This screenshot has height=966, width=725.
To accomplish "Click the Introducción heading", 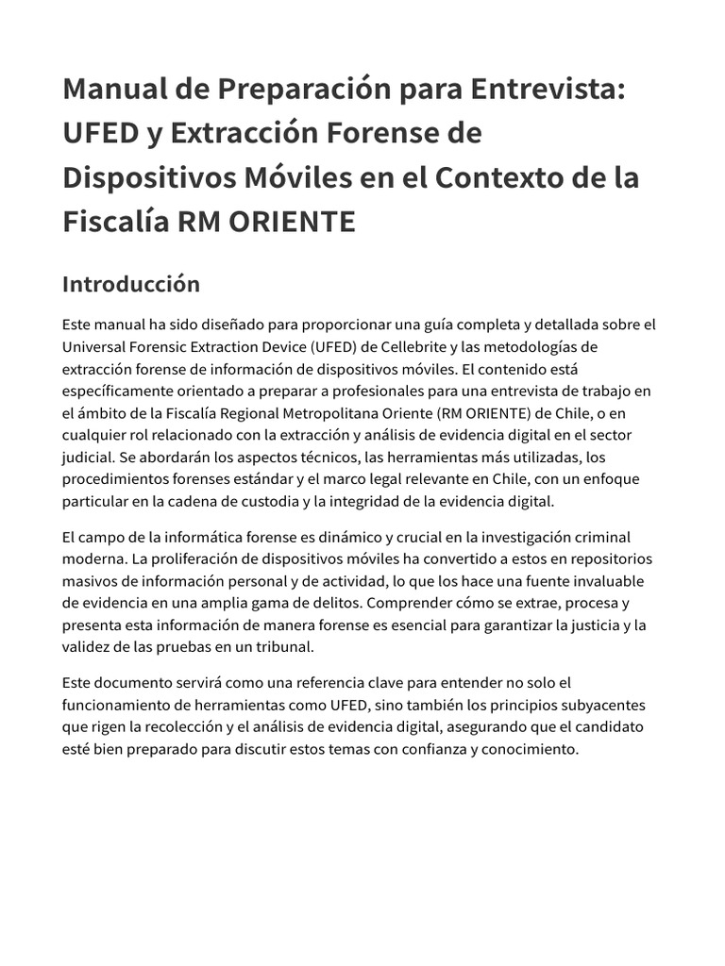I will point(131,284).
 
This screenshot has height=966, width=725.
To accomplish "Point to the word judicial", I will point(89,457).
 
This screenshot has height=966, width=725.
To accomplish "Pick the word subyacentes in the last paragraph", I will point(599,706).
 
